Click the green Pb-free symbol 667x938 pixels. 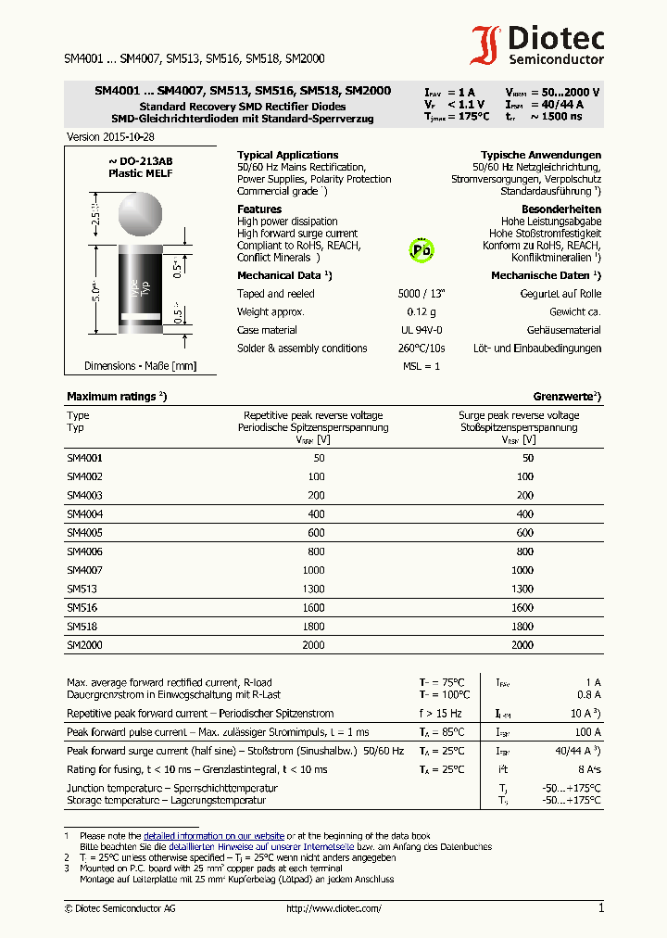(x=422, y=250)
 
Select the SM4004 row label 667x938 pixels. (x=84, y=513)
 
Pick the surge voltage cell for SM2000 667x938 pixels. (x=522, y=644)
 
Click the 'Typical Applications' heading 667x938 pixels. (x=287, y=155)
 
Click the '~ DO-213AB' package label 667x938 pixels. (x=140, y=161)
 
